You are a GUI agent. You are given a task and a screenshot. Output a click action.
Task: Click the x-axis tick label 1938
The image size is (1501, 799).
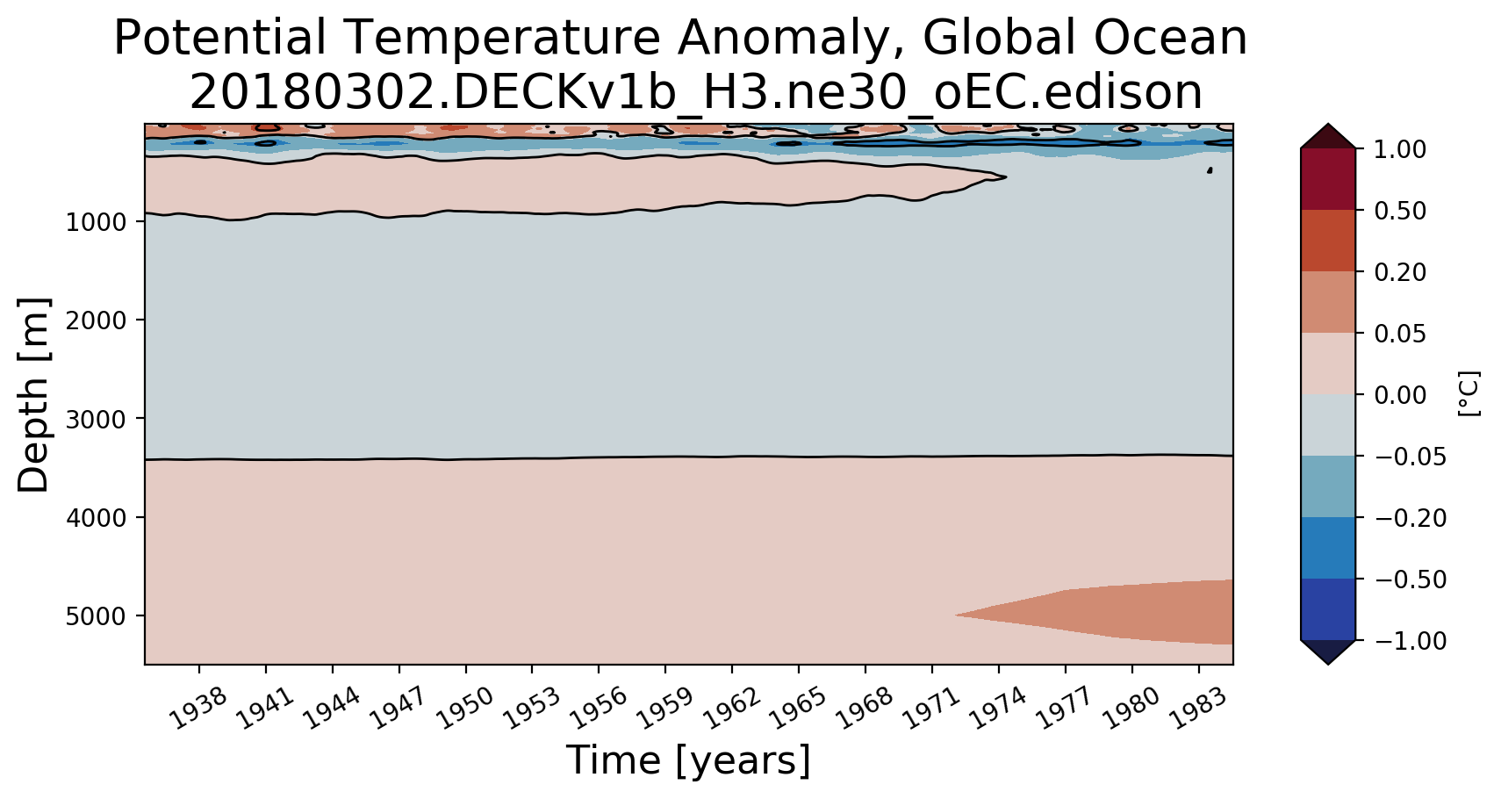(x=197, y=708)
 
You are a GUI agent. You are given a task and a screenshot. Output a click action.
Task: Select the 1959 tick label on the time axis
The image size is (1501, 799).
(x=664, y=708)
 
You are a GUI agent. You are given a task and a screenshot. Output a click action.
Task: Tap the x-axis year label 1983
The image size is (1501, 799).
(x=1197, y=708)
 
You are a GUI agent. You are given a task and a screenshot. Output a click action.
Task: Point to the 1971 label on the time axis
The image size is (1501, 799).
(x=930, y=708)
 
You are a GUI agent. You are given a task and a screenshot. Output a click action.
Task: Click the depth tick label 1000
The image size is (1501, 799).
(x=95, y=222)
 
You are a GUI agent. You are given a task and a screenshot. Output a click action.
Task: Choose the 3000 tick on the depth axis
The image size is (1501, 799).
(x=95, y=419)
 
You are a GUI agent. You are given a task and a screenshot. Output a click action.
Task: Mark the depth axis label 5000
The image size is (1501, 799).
(x=95, y=616)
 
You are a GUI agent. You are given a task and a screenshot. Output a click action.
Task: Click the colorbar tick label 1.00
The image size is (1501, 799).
(x=1400, y=149)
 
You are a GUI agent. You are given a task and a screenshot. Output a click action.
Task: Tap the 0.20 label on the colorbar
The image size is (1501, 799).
(x=1400, y=273)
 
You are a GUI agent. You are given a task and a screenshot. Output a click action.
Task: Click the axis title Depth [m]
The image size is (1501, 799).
(x=33, y=395)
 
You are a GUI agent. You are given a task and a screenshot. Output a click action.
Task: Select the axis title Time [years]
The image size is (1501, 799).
(x=688, y=760)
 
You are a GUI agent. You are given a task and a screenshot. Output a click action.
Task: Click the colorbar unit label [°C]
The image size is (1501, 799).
(x=1469, y=393)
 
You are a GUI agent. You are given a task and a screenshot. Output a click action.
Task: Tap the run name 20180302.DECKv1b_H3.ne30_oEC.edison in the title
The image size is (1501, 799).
(x=696, y=93)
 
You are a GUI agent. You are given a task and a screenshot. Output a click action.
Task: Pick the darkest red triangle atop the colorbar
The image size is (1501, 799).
(x=1327, y=138)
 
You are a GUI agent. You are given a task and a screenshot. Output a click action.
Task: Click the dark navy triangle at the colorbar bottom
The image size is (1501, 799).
(x=1327, y=651)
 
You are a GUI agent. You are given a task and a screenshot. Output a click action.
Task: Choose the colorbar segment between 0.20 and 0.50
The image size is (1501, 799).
(x=1327, y=241)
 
